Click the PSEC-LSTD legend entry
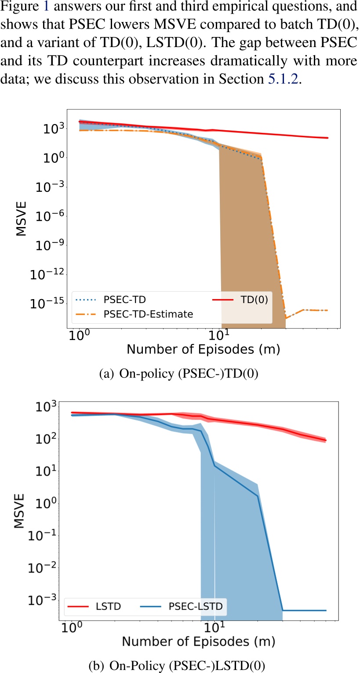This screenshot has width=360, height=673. (x=196, y=607)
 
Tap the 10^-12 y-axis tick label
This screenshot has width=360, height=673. (x=49, y=274)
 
